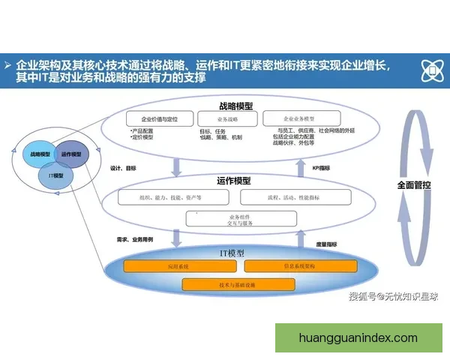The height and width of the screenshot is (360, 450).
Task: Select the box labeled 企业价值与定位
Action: coord(159,119)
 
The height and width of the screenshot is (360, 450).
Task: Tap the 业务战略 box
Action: coord(226,119)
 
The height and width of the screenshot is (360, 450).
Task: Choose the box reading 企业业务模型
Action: coord(301,118)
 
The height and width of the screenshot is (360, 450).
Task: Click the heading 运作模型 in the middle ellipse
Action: coord(233,181)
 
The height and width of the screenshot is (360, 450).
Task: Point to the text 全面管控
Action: coord(414,184)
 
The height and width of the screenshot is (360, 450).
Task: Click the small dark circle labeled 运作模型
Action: coord(71,154)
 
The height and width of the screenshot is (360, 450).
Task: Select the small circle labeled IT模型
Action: coord(55,175)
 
